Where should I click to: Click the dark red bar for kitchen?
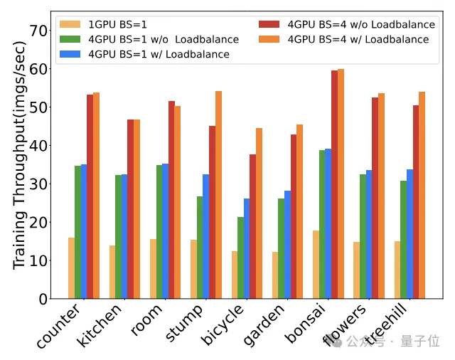pos(131,209)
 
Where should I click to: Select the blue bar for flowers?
pos(369,234)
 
